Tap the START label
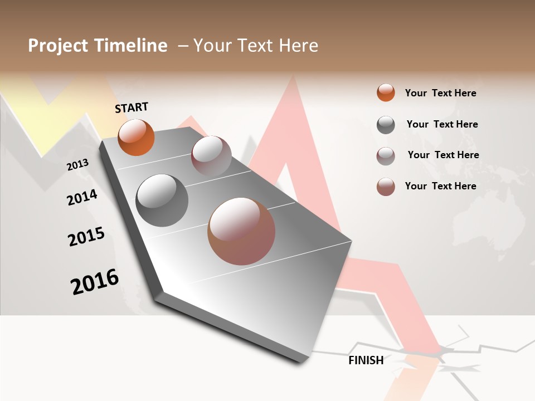click(x=132, y=107)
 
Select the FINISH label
click(x=366, y=360)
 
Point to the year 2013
click(x=77, y=165)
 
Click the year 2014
click(x=82, y=197)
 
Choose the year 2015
click(x=86, y=237)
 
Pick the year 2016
click(x=95, y=282)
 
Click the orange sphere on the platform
click(x=136, y=137)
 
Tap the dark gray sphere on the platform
click(x=162, y=200)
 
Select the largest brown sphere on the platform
click(x=241, y=231)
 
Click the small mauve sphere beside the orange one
click(x=211, y=156)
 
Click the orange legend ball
click(x=386, y=92)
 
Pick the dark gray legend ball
click(x=386, y=125)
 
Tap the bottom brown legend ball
click(x=386, y=187)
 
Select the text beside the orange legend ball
click(x=440, y=93)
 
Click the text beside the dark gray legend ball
click(x=442, y=124)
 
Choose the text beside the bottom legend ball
click(x=440, y=186)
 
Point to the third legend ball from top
click(x=386, y=156)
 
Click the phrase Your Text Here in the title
click(x=256, y=46)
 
